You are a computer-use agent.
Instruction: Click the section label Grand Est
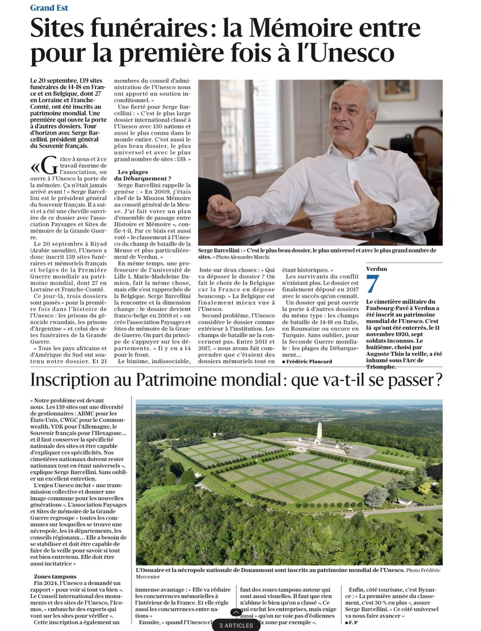49,8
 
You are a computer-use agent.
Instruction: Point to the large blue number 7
372,284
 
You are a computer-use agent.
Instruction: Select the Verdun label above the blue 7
376,268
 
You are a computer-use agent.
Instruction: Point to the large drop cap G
50,166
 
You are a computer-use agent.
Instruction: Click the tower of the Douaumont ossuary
319,431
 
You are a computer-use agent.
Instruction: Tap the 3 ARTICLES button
236,625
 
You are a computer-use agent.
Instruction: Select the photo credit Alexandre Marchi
250,257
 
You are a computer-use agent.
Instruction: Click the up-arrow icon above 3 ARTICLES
236,613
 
